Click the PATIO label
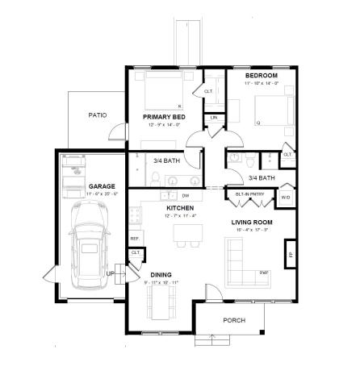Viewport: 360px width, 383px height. pyautogui.click(x=96, y=115)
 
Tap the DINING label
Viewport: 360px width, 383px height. pyautogui.click(x=161, y=275)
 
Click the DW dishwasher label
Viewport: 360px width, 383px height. pyautogui.click(x=185, y=196)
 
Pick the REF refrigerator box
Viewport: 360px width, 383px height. pyautogui.click(x=134, y=239)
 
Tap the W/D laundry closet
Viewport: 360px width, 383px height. pyautogui.click(x=286, y=197)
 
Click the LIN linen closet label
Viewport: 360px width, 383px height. pyautogui.click(x=214, y=119)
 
